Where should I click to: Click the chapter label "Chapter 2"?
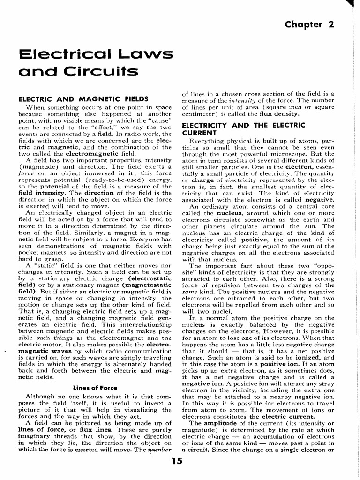[x=309, y=24]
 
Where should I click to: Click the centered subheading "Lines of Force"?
[x=95, y=387]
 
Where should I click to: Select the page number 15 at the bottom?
[x=177, y=461]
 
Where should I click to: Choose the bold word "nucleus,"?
[x=216, y=213]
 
